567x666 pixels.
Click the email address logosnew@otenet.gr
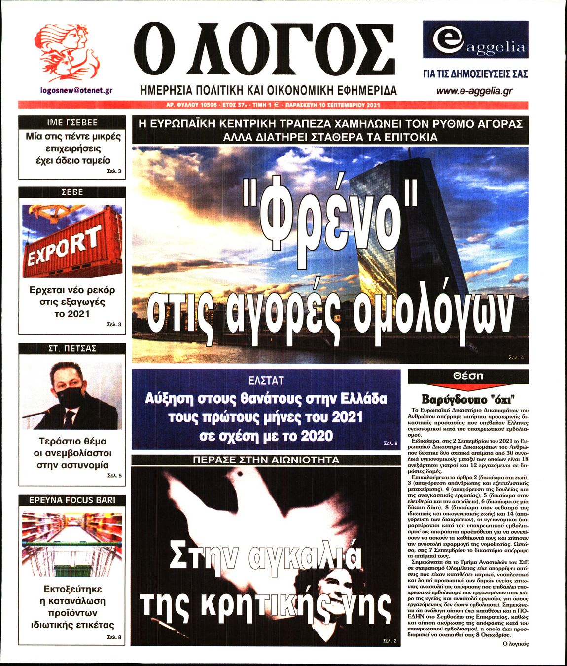pos(76,91)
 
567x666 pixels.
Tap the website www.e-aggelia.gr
pos(474,91)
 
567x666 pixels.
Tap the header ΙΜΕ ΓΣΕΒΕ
pos(72,122)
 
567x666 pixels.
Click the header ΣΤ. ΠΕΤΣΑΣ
pos(72,348)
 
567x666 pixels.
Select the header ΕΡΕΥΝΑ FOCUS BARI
pos(72,500)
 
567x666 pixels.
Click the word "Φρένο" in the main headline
pos(330,217)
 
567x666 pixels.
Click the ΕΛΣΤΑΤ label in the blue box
pos(266,380)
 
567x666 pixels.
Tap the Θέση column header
pos(468,376)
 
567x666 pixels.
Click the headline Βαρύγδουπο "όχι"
pos(468,399)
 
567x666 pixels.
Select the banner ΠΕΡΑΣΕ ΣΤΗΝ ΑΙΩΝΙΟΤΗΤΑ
pos(266,460)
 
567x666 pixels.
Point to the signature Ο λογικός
pos(515,644)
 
